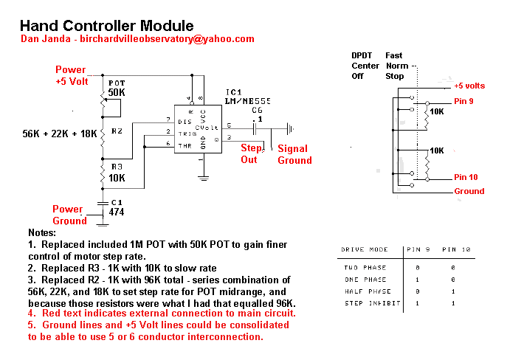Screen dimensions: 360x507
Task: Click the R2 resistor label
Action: coord(116,131)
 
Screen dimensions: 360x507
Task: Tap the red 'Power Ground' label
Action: coord(69,215)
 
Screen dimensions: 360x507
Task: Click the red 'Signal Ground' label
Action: coord(294,154)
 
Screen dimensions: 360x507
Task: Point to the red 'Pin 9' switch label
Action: coord(465,101)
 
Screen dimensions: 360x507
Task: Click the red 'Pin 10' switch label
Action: coord(466,177)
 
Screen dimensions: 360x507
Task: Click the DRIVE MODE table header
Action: coord(364,250)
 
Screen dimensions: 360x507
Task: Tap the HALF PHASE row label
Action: coord(365,291)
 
